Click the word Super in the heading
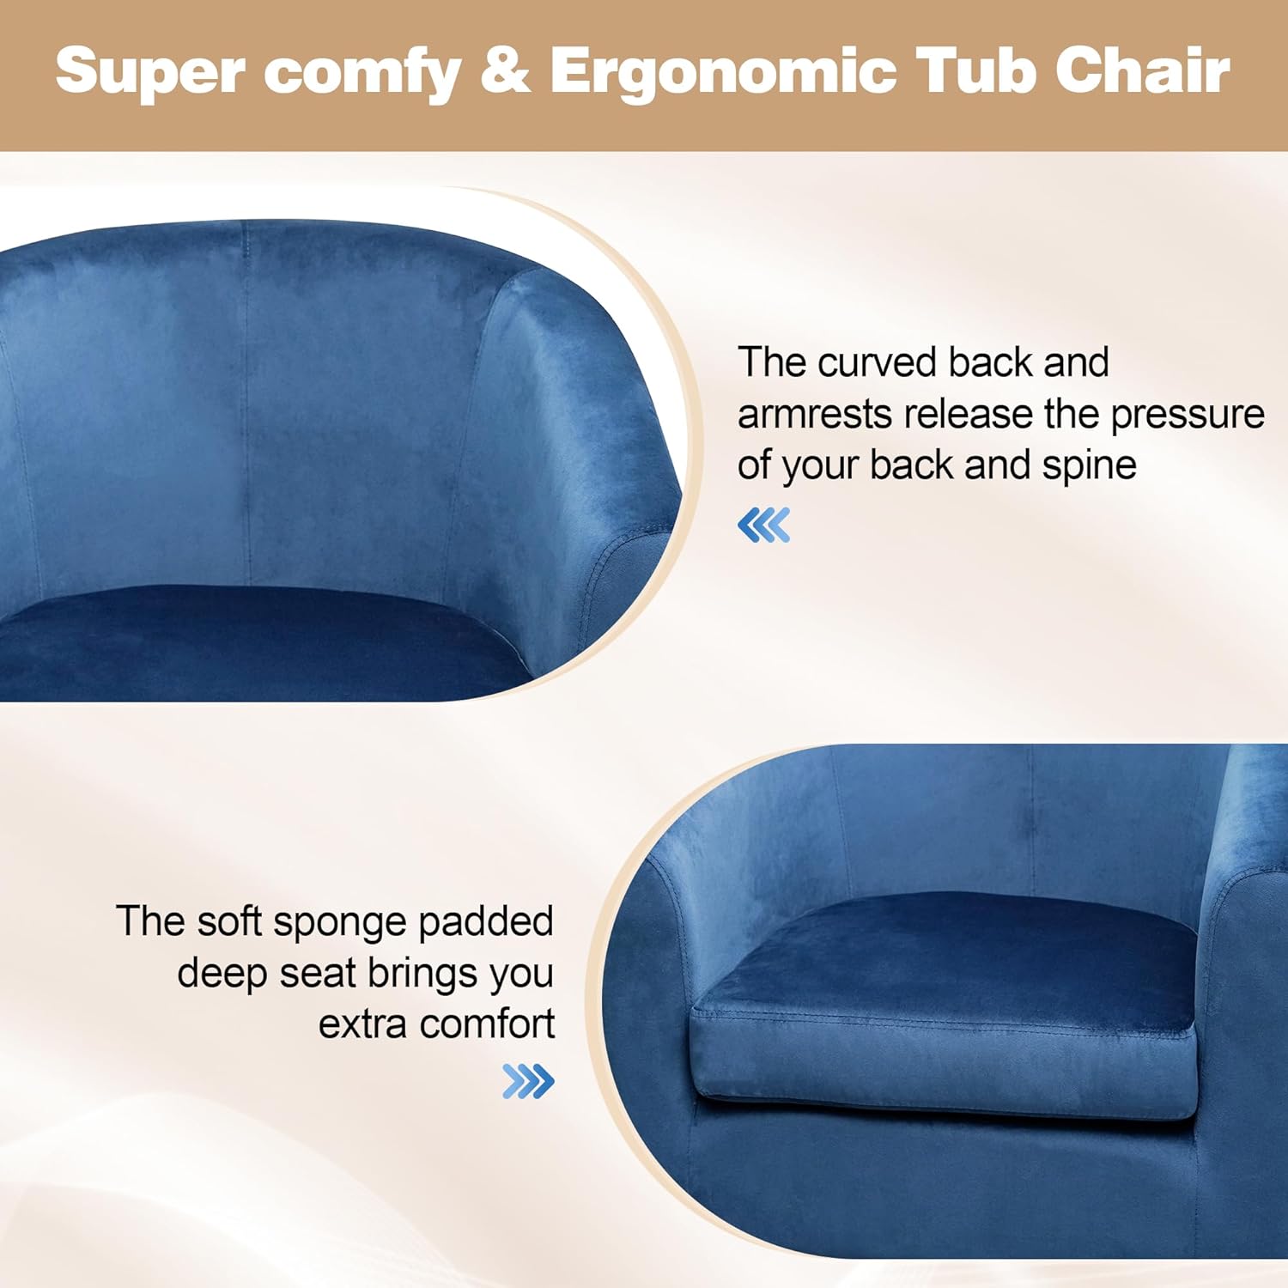[151, 72]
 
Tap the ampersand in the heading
[504, 70]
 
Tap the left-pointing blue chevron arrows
[763, 525]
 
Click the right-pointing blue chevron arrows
[528, 1081]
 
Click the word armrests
[815, 415]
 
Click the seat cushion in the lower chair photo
[945, 1009]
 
